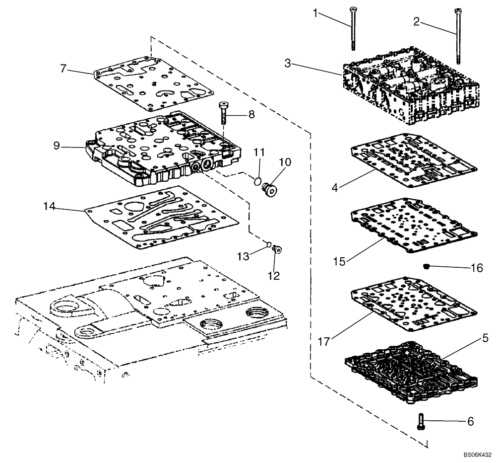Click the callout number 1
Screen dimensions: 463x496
click(x=315, y=12)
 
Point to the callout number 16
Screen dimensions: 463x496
click(x=476, y=268)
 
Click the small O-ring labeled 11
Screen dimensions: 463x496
click(x=256, y=182)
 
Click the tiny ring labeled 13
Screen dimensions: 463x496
click(x=268, y=244)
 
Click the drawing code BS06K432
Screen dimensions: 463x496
click(x=477, y=454)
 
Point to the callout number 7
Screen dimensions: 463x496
click(x=63, y=68)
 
